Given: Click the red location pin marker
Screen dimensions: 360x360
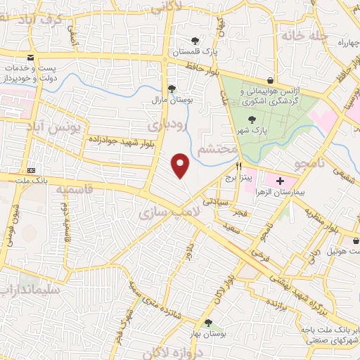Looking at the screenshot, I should coord(181,165).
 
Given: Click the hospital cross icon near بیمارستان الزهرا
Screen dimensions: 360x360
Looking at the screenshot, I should coord(280,181).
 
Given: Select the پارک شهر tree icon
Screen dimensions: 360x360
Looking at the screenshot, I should coord(252,120).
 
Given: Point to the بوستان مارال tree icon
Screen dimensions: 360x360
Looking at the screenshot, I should coord(172,89).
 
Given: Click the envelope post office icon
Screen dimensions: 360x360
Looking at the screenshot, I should coord(30,58).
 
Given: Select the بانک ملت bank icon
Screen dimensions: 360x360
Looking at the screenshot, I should coord(31,171).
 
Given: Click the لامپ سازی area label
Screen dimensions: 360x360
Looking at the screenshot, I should coord(170,212).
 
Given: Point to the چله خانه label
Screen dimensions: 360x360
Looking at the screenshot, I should coord(304,35).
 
